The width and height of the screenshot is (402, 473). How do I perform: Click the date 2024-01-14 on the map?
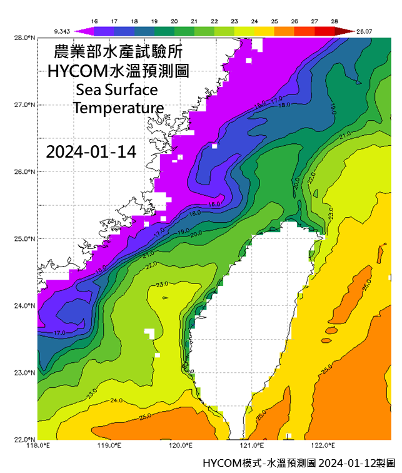(x=91, y=152)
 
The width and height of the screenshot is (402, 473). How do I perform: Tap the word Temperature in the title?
(x=118, y=108)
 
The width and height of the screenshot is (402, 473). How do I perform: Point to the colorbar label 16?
(x=94, y=21)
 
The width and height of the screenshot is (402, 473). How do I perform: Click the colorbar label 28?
(x=334, y=21)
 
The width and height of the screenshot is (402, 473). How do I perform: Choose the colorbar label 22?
(x=214, y=21)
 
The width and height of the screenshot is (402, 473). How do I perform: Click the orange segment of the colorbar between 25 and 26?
(x=284, y=30)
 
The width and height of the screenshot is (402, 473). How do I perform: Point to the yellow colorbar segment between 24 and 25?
(x=264, y=30)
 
